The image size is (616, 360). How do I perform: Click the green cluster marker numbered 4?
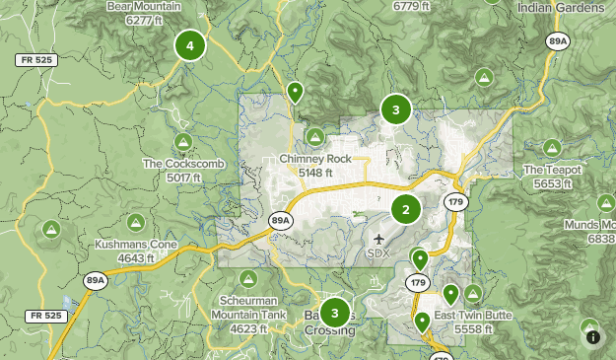click(x=189, y=44)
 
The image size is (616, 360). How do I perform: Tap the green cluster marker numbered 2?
click(x=406, y=209)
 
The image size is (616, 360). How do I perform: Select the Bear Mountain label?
click(x=144, y=6)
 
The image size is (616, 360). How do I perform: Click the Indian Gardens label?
click(x=561, y=6)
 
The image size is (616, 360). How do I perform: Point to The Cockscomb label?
click(x=184, y=164)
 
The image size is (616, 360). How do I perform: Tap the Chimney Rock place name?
click(x=314, y=159)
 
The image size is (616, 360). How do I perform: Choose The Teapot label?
click(x=552, y=170)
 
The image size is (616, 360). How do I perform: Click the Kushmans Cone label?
click(x=136, y=245)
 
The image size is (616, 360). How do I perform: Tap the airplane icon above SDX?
click(x=380, y=238)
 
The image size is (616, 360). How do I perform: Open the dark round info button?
click(x=593, y=337)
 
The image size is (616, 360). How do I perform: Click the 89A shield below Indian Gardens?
click(x=559, y=40)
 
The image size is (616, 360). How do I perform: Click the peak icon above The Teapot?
click(x=552, y=148)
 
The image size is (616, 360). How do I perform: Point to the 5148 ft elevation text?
click(x=314, y=173)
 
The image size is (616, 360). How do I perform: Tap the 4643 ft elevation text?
click(x=136, y=258)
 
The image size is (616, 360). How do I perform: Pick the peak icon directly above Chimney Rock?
click(x=315, y=136)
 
